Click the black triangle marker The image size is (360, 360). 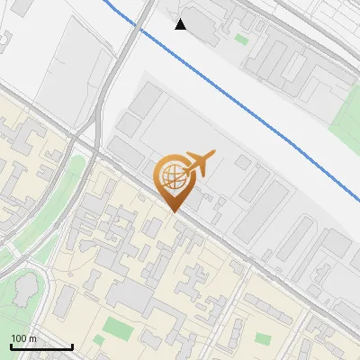181,23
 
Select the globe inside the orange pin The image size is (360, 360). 175,176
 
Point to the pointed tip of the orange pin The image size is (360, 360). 175,211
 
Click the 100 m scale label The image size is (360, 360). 23,338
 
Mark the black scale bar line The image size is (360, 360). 41,346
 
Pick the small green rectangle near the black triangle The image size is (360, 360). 241,39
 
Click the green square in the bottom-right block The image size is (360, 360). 263,338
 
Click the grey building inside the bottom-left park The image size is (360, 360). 25,290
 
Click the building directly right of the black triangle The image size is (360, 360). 203,27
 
